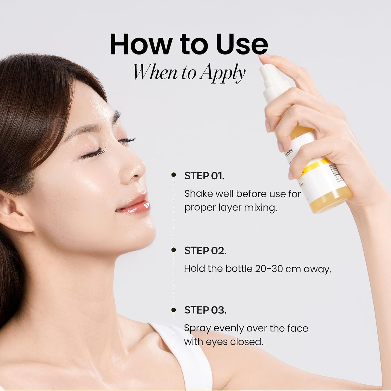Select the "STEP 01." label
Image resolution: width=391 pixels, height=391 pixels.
click(x=204, y=176)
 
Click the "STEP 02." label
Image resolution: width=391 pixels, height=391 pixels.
click(x=205, y=251)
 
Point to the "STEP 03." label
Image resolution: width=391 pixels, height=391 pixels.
click(x=205, y=310)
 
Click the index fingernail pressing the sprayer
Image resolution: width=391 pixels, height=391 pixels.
click(x=264, y=56)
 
